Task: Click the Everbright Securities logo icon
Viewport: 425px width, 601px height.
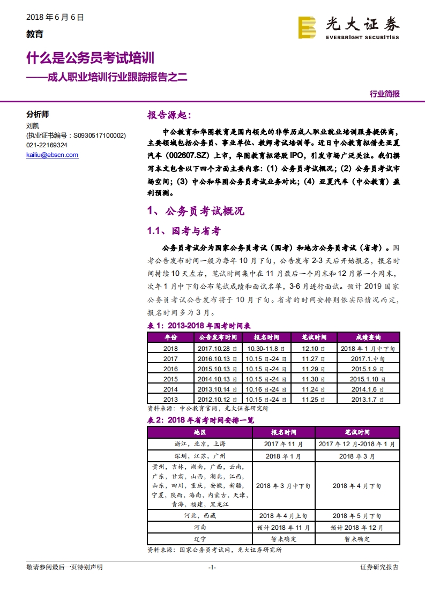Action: [x=307, y=28]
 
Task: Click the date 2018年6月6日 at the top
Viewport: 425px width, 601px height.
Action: [x=55, y=17]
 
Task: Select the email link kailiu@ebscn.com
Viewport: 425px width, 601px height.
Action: [x=52, y=155]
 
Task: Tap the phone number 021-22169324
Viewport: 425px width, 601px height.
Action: [x=47, y=145]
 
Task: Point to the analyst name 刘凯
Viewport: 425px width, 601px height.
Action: [x=33, y=126]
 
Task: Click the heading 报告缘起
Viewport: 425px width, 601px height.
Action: [x=168, y=115]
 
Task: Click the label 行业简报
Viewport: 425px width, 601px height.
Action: [x=384, y=94]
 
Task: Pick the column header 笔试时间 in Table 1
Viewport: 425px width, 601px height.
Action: [x=314, y=337]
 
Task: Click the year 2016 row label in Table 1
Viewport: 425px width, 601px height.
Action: [x=170, y=369]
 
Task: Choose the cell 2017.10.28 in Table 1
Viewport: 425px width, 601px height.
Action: [x=218, y=348]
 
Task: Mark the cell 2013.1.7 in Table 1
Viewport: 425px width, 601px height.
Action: [x=368, y=399]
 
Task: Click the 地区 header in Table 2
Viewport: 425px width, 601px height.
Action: [x=199, y=432]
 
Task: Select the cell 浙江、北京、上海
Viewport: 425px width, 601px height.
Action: [x=199, y=444]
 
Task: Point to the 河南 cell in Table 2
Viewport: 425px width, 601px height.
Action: [x=199, y=527]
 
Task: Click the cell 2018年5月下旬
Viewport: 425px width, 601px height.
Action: [x=356, y=515]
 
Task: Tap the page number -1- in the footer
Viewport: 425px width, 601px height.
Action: [x=212, y=567]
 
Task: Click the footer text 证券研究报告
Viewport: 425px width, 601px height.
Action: [x=379, y=567]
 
